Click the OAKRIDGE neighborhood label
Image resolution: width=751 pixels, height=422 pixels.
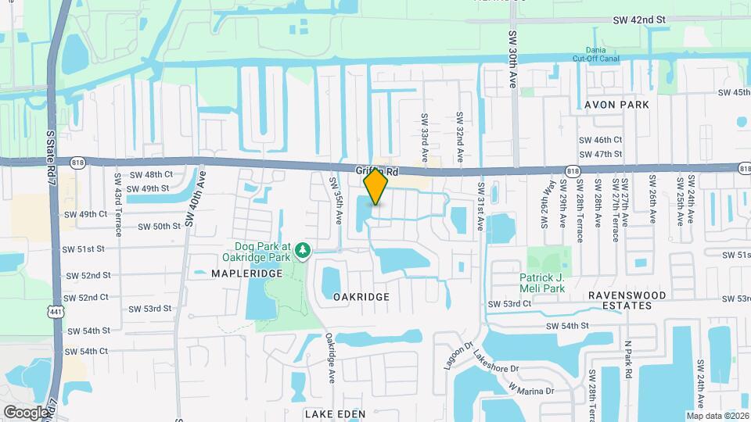361,297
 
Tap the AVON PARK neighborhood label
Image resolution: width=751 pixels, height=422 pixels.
618,104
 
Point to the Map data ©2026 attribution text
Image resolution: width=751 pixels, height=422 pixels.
717,415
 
